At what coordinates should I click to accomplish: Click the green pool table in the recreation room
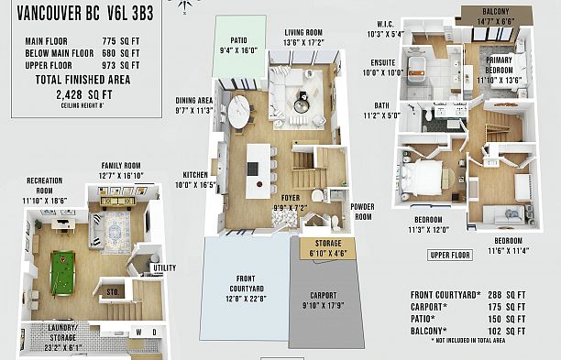62,274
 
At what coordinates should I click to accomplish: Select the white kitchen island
258,171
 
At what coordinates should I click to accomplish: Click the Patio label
238,40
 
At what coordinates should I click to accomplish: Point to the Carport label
324,296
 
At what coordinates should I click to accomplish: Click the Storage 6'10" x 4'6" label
328,249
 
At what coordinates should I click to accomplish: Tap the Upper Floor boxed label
450,256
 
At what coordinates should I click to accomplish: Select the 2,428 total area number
69,95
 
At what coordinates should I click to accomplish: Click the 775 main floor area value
109,41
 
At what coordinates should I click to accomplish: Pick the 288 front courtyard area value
494,295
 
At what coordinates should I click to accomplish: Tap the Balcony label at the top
496,11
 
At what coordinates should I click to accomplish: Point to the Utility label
165,267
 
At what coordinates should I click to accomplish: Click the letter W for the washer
138,333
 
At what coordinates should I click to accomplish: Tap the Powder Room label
362,212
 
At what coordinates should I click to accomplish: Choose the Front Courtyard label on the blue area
247,283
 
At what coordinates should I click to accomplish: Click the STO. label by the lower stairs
113,292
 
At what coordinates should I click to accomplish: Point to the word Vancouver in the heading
49,14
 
